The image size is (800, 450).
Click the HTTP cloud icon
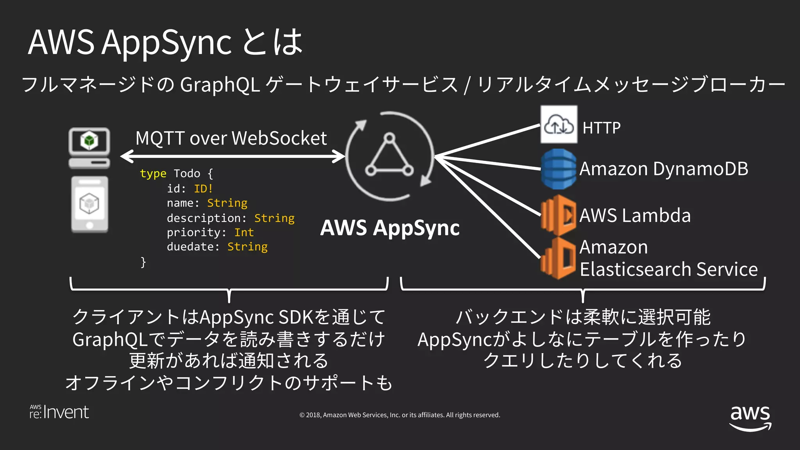[x=559, y=125]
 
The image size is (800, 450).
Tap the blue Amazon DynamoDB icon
[x=559, y=169]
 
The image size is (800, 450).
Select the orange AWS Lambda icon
[x=559, y=215]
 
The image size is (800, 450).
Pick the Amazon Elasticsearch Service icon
[x=559, y=258]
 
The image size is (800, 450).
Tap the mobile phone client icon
[x=89, y=204]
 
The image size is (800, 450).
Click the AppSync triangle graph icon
[x=389, y=156]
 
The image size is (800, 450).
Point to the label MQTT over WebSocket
[x=231, y=138]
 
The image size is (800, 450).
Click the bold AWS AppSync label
[x=389, y=228]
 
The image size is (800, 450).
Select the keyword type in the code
[x=153, y=173]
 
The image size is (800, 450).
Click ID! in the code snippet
[x=203, y=189]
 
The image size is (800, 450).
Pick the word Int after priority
[x=244, y=232]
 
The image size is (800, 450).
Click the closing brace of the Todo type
[x=143, y=262]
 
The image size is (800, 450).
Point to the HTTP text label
[x=601, y=128]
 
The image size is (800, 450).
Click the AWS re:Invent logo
[x=59, y=412]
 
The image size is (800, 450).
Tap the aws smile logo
[x=750, y=418]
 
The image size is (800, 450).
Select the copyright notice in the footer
[x=400, y=415]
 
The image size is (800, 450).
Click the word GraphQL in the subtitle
[x=220, y=84]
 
